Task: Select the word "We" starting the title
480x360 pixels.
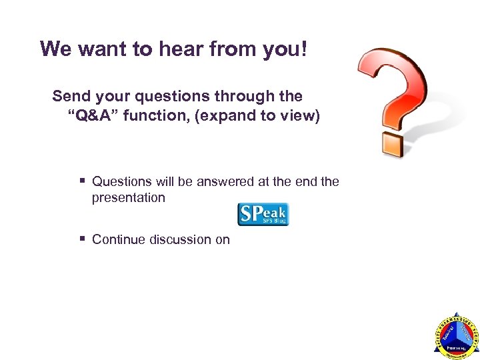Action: [55, 49]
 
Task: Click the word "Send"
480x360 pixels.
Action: [70, 97]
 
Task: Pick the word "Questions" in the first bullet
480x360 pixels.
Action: [121, 181]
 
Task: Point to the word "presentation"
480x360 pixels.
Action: [129, 197]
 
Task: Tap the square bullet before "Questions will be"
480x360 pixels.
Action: [82, 181]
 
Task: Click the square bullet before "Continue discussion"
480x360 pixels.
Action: [82, 239]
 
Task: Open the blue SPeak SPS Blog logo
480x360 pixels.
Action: [263, 215]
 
